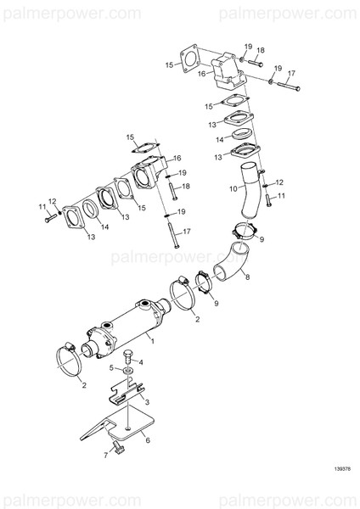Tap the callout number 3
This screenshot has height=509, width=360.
(x=148, y=402)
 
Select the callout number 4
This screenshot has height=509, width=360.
(x=140, y=362)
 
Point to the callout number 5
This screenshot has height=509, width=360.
(x=111, y=367)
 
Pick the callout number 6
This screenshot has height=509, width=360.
(x=148, y=439)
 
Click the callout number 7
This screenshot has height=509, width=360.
(x=107, y=456)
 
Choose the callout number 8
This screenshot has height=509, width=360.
(x=248, y=277)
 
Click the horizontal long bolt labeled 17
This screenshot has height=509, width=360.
(x=289, y=87)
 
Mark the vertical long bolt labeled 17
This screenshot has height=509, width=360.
(x=173, y=231)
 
